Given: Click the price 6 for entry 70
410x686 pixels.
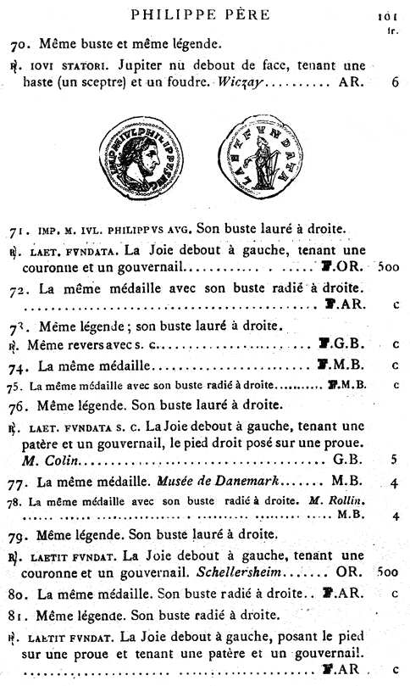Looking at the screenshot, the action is pyautogui.click(x=396, y=84).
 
